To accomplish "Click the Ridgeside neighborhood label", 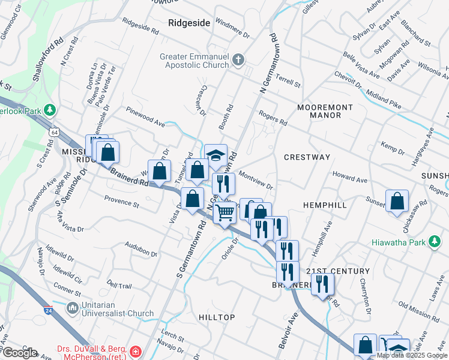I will [189, 23].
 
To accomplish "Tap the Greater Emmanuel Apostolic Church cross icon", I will [238, 59].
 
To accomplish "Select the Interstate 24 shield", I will [48, 310].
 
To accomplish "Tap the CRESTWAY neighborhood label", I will [307, 157].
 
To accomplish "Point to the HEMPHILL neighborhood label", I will [325, 205].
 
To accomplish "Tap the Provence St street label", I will [121, 200].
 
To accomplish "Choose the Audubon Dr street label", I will [141, 249].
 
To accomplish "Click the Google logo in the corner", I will [19, 353].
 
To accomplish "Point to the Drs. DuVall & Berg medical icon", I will [136, 350].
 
